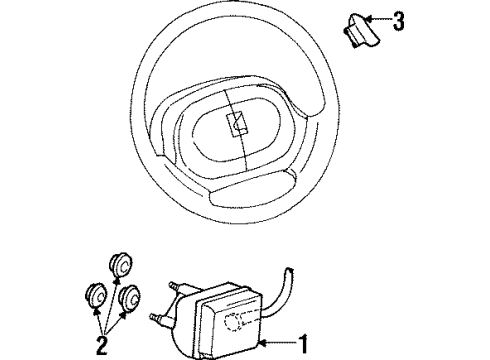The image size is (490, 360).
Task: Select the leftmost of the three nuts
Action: pos(98,296)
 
